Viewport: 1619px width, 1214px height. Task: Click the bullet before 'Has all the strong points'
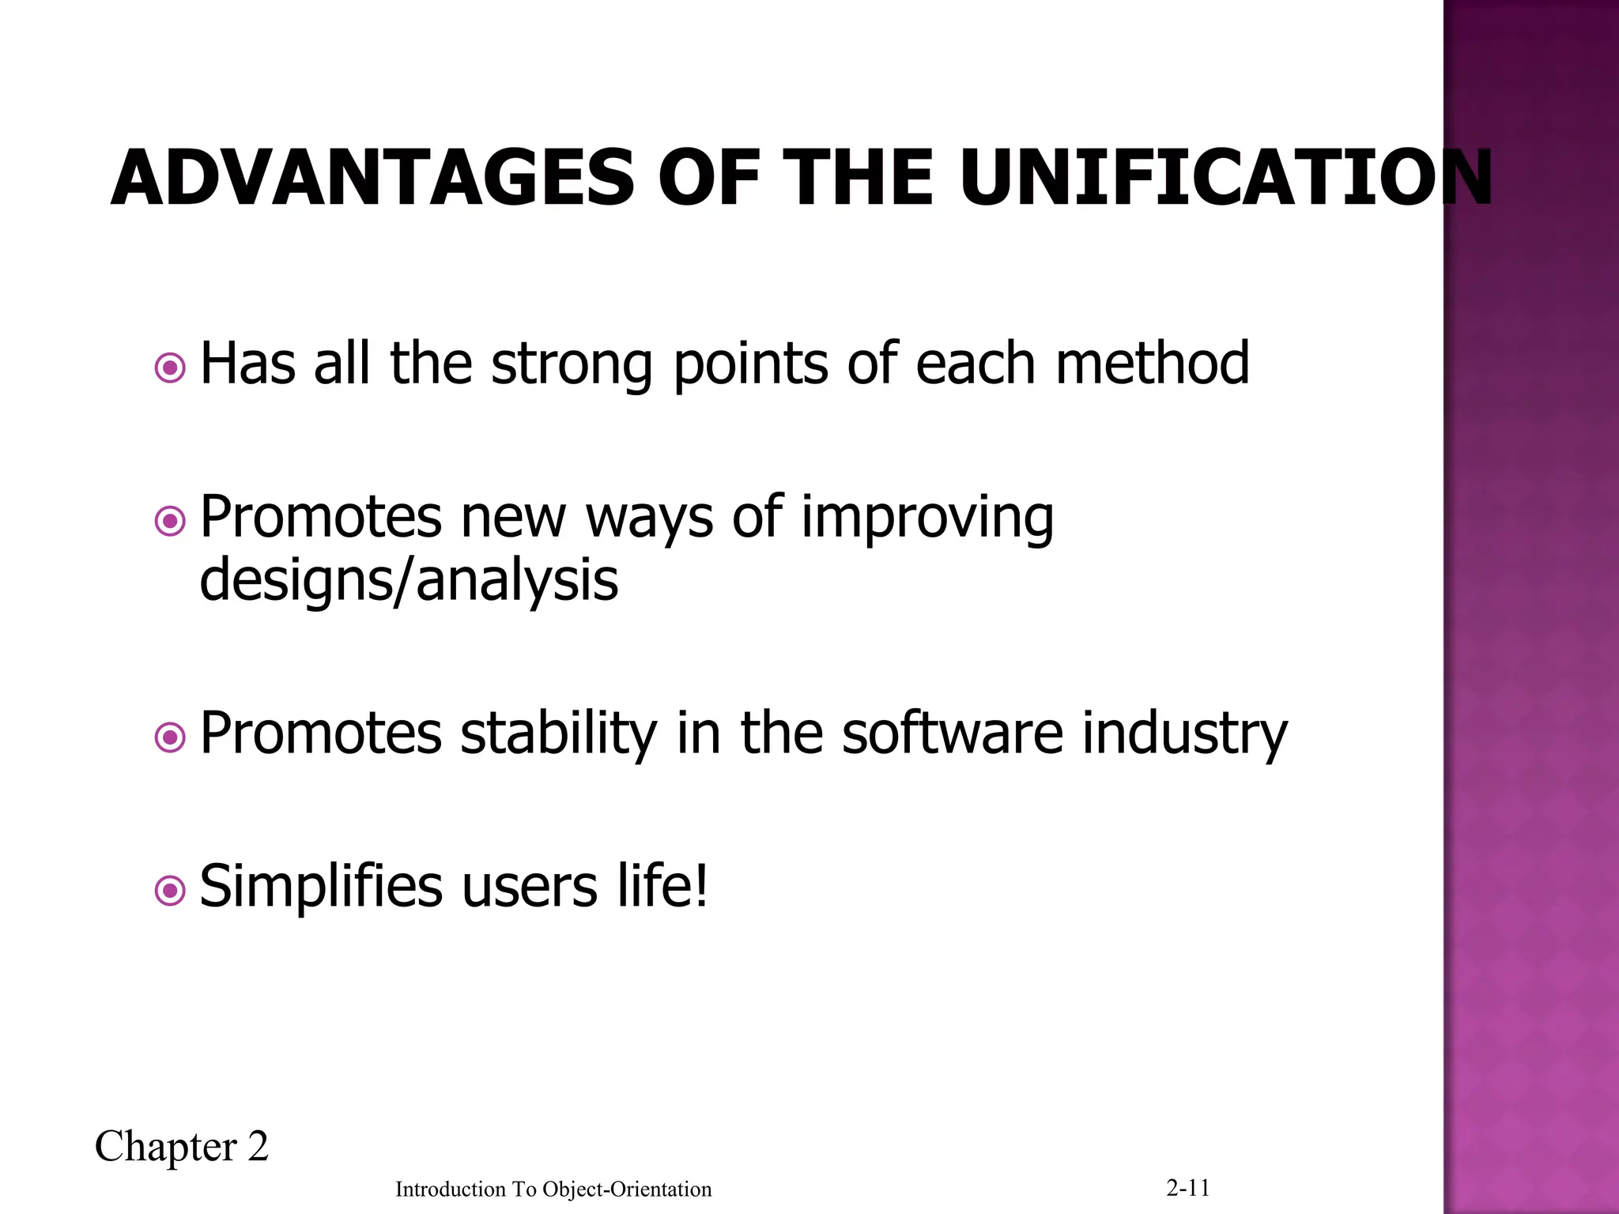point(170,368)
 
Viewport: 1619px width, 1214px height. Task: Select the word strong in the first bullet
point(572,365)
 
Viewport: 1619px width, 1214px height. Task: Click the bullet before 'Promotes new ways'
point(170,521)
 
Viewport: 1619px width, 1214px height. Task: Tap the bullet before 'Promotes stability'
point(170,738)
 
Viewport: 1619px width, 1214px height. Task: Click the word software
point(953,733)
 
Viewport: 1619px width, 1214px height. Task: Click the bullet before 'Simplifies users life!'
point(170,892)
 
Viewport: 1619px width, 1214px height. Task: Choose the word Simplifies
point(321,888)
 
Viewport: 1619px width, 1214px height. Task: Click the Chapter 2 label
point(182,1147)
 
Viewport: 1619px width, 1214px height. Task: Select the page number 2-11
point(1187,1187)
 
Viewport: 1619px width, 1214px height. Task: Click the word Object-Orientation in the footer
point(627,1189)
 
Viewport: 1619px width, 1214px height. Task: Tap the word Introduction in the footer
point(450,1189)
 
